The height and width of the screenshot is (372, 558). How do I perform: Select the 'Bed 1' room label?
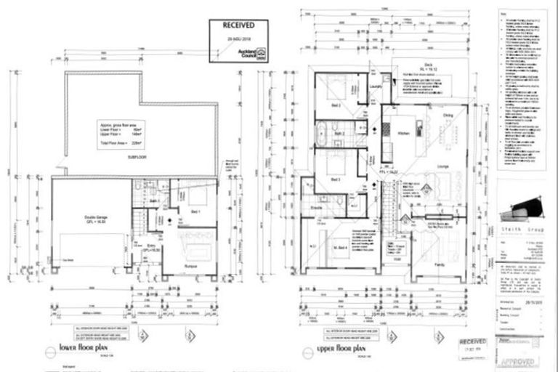tap(195, 211)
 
